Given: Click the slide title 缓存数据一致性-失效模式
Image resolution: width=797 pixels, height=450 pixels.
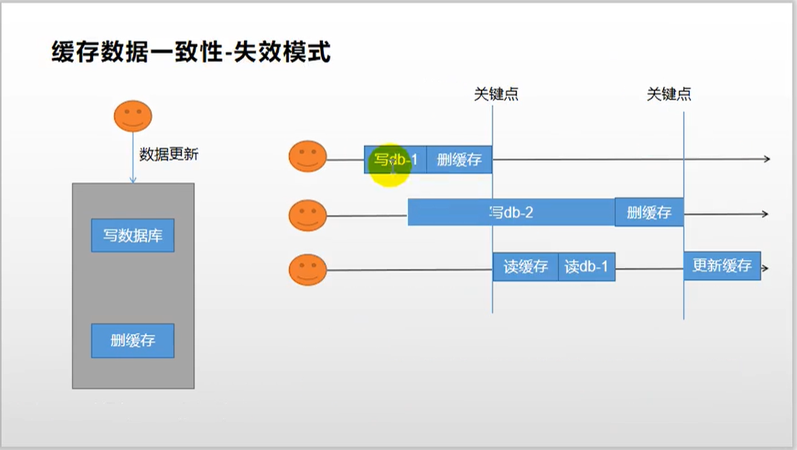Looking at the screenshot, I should [191, 53].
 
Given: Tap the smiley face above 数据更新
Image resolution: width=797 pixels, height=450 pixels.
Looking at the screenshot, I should [132, 116].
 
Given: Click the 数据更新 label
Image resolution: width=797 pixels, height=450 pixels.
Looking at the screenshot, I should [169, 155].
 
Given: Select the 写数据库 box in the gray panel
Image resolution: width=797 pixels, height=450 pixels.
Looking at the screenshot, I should [132, 236].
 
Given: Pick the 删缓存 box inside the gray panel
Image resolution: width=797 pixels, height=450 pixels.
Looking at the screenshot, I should [132, 341].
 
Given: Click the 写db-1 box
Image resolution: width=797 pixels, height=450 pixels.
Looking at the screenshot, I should [395, 159].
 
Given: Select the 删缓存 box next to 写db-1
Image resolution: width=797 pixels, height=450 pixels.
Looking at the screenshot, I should [459, 159].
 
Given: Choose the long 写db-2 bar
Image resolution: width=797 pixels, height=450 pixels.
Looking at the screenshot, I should [511, 213].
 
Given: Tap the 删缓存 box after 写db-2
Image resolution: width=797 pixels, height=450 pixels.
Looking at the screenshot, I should [649, 213].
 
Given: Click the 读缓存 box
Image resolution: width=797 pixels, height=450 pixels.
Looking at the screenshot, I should [525, 266].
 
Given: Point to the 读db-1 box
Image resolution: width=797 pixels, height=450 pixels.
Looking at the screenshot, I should [586, 266].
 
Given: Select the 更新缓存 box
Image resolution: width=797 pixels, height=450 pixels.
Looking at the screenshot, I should [722, 266].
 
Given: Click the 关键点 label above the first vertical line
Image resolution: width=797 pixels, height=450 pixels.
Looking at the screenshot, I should [496, 94].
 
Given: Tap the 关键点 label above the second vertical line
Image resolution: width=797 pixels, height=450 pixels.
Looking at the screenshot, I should [669, 94].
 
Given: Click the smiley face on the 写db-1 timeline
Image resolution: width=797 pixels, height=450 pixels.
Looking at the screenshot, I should [307, 157].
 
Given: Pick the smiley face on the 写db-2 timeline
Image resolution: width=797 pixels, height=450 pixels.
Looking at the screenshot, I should [307, 215].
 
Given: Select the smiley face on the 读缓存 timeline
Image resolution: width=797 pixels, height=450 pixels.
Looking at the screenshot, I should [307, 269].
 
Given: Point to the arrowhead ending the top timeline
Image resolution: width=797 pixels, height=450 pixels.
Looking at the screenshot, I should [766, 159].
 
